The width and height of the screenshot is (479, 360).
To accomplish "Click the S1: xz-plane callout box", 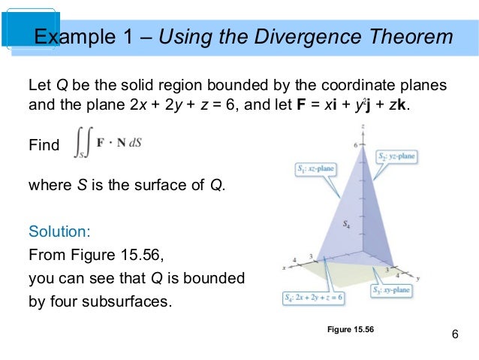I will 315,169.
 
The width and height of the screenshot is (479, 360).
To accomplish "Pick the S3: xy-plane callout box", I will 396,289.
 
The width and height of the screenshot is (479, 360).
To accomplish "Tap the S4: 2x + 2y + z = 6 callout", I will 312,298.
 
